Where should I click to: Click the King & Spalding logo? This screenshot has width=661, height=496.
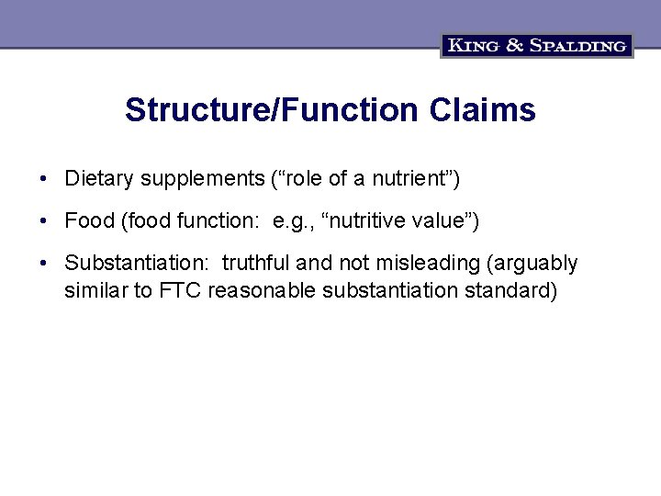537,45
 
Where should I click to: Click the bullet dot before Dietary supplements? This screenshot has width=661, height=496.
43,177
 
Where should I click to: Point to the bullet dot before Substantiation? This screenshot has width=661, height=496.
43,264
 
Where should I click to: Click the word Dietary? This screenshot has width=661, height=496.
95,177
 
